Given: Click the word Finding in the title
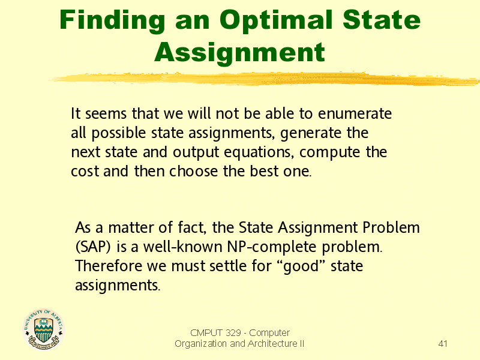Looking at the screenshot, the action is (112, 21).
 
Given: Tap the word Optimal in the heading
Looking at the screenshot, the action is (276, 21).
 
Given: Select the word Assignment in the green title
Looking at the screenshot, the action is (239, 53).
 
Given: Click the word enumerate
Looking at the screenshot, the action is (355, 113).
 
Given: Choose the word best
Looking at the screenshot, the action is (264, 171).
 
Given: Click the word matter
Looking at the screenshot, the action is (130, 228).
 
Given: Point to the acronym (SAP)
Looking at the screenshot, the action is (93, 247).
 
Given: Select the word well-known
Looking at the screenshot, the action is (183, 247).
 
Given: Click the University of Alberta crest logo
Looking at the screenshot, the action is (44, 329).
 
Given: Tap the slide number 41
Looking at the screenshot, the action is (443, 344).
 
